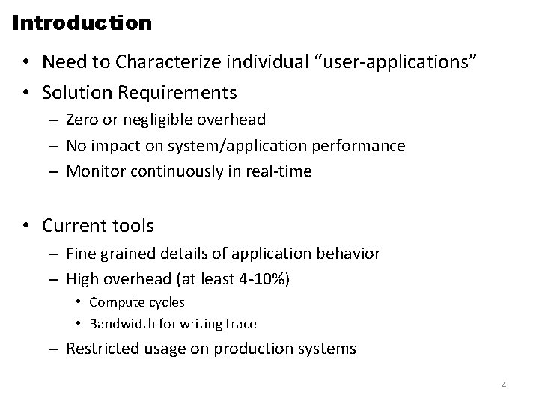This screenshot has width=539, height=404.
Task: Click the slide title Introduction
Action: pyautogui.click(x=82, y=22)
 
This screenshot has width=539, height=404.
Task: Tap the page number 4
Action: pyautogui.click(x=504, y=385)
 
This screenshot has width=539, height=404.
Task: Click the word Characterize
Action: pyautogui.click(x=156, y=61)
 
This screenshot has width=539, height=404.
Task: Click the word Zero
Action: pyautogui.click(x=82, y=119)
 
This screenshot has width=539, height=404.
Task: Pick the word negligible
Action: pyautogui.click(x=153, y=119)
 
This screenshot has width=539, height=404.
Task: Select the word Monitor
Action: pyautogui.click(x=94, y=171)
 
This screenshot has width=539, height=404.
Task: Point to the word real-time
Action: pyautogui.click(x=282, y=171)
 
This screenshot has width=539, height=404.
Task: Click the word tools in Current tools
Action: pyautogui.click(x=133, y=224)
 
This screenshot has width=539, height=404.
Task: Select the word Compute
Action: pyautogui.click(x=115, y=302)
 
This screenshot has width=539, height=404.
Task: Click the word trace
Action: pyautogui.click(x=240, y=323)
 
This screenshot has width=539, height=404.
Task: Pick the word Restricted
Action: pyautogui.click(x=100, y=348)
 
